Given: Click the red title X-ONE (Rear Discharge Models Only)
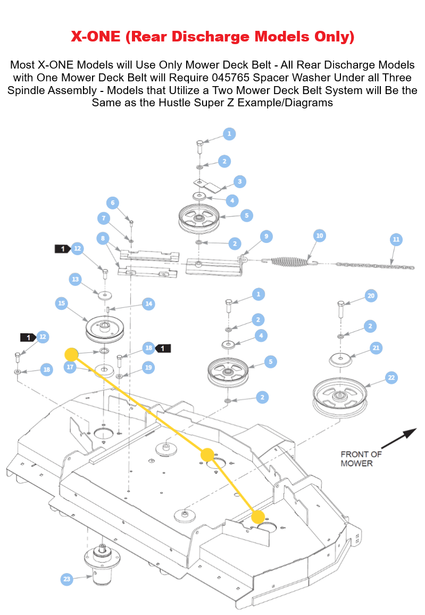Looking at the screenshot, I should [212, 37].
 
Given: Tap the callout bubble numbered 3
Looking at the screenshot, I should [240, 182].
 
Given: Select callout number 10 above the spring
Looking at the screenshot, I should [319, 235].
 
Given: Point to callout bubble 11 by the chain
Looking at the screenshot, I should [396, 240].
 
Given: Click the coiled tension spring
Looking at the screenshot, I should [290, 261].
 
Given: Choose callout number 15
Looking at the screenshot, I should [61, 304].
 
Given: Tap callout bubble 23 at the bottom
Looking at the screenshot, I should [66, 579].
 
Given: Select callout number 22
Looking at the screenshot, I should [391, 377].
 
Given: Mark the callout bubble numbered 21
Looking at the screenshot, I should [376, 348].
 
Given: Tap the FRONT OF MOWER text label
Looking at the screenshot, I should [361, 458].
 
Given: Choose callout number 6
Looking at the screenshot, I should [112, 203].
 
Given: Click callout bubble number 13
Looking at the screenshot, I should [75, 279].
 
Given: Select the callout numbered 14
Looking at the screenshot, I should [149, 304].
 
